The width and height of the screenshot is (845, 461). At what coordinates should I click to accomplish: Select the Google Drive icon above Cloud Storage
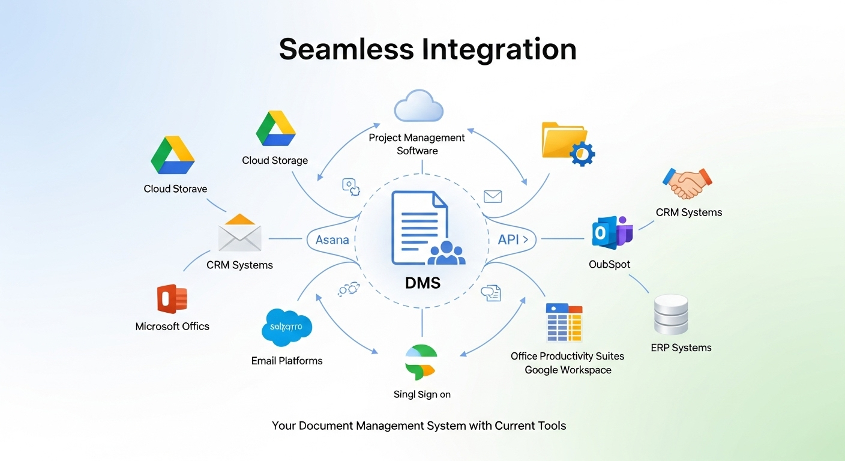pyautogui.click(x=275, y=128)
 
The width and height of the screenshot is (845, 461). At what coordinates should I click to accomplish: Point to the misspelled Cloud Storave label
pyautogui.click(x=175, y=188)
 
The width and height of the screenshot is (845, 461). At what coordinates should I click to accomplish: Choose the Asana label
pyautogui.click(x=332, y=240)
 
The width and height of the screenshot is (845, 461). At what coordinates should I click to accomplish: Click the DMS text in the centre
pyautogui.click(x=422, y=282)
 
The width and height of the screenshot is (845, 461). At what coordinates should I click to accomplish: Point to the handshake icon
pyautogui.click(x=687, y=183)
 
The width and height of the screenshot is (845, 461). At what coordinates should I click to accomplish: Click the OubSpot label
pyautogui.click(x=610, y=264)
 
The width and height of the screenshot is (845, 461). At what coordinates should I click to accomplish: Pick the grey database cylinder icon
pyautogui.click(x=671, y=315)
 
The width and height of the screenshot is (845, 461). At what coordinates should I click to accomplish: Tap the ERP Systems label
pyautogui.click(x=681, y=348)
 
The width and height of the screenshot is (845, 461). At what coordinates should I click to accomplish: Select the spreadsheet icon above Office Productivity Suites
pyautogui.click(x=564, y=322)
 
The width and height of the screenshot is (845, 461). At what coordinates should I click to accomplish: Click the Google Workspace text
pyautogui.click(x=568, y=370)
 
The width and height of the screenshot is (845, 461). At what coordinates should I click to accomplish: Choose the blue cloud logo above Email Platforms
pyautogui.click(x=287, y=328)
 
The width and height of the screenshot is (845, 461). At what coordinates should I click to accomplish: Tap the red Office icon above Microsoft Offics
pyautogui.click(x=172, y=299)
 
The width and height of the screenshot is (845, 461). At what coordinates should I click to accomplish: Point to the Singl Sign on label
pyautogui.click(x=422, y=394)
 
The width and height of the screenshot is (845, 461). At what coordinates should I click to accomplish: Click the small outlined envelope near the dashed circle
pyautogui.click(x=492, y=196)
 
